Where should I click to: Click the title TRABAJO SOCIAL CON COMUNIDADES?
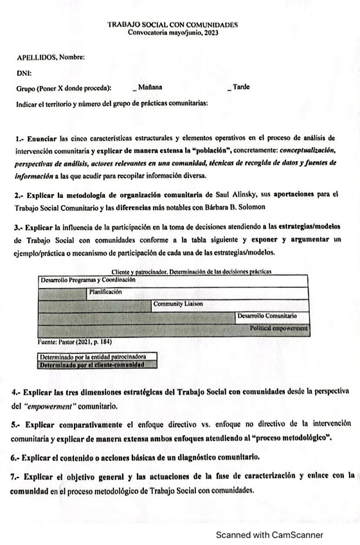click(173, 24)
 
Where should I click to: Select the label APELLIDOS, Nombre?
click(50, 57)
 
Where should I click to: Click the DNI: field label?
click(24, 73)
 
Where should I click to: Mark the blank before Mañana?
click(134, 87)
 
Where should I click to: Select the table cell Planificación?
click(105, 292)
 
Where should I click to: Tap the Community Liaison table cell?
click(176, 304)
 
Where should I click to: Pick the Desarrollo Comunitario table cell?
click(267, 316)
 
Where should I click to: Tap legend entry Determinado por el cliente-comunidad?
click(89, 364)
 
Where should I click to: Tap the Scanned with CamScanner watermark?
click(269, 534)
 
